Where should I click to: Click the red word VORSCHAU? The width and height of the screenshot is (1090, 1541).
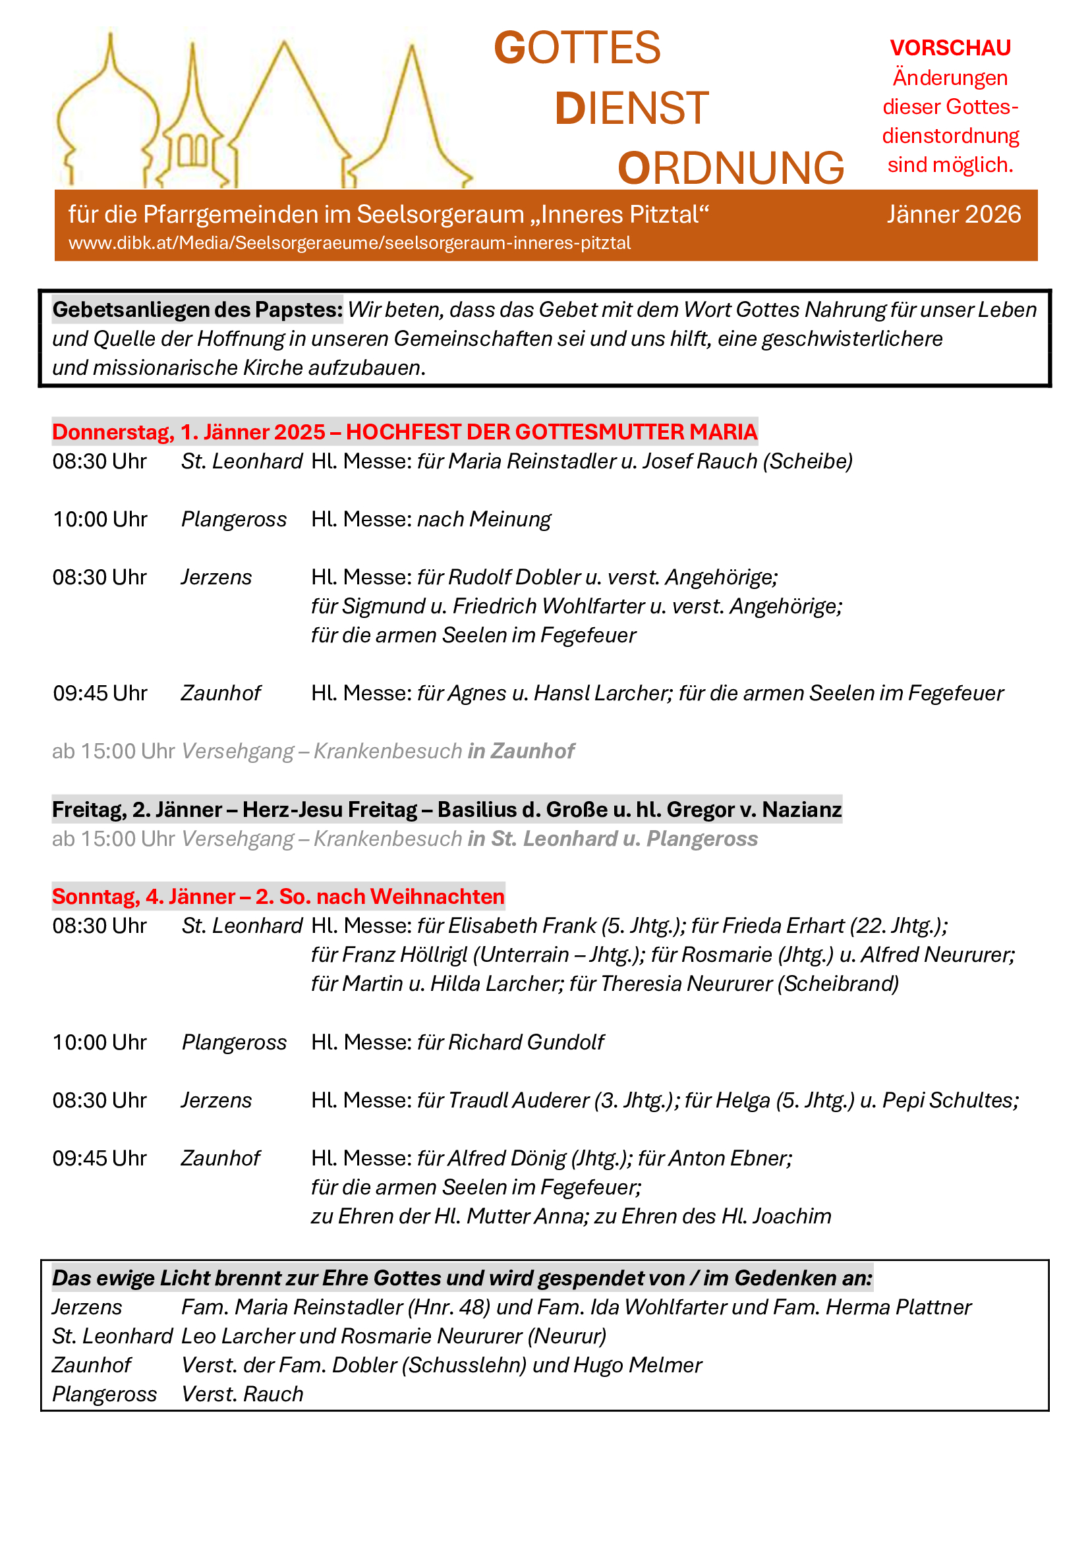(x=950, y=47)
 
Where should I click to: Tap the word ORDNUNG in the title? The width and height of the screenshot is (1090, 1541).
(x=730, y=168)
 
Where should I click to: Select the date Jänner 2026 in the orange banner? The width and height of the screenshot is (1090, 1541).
(x=953, y=214)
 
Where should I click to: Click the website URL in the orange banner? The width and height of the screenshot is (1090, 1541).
(x=349, y=243)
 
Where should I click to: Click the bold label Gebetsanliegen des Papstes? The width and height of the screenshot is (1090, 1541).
(x=197, y=310)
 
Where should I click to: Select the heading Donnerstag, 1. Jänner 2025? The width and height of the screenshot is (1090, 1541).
(x=188, y=432)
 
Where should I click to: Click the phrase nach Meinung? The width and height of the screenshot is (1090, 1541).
(x=483, y=518)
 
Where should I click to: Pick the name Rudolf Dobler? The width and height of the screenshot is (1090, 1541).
(x=513, y=576)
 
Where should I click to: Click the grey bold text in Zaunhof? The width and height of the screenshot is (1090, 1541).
(x=521, y=750)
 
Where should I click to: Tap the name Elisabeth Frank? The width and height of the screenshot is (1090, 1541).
(x=521, y=926)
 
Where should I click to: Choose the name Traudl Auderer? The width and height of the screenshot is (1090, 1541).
(x=517, y=1100)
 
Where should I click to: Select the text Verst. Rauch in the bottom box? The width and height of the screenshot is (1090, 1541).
(x=243, y=1394)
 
